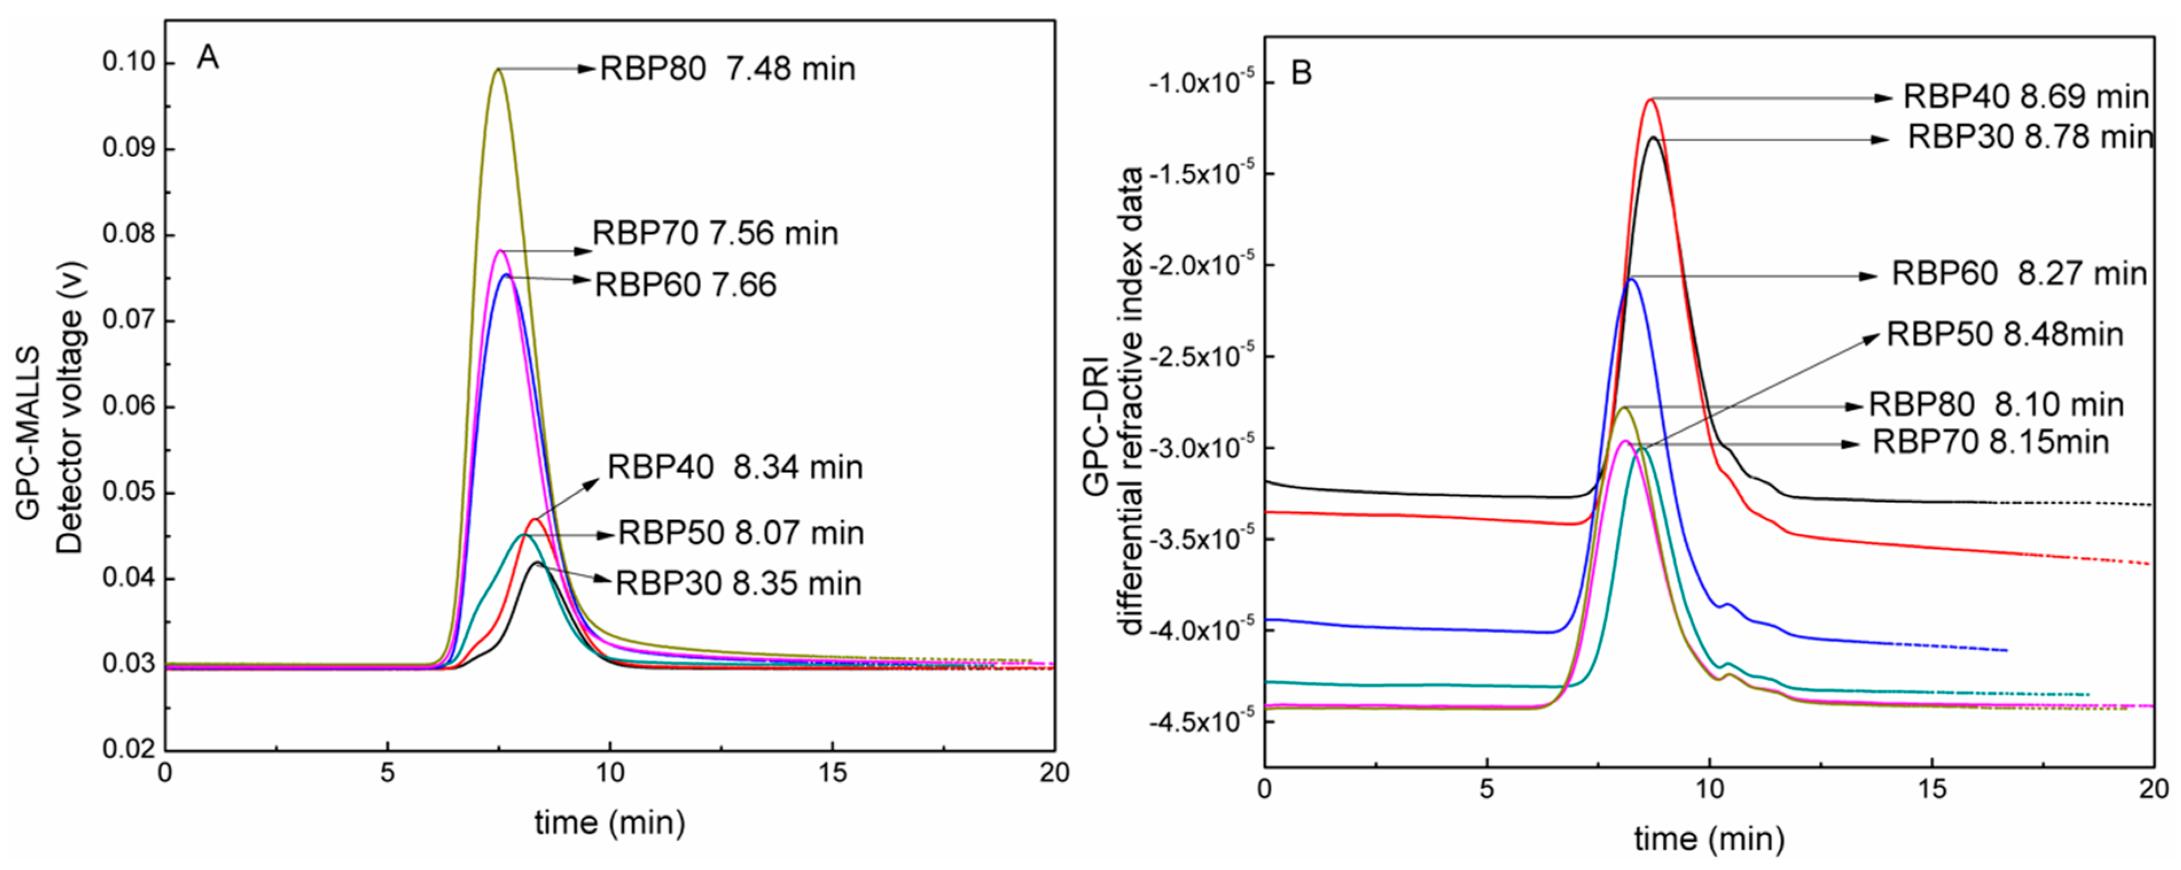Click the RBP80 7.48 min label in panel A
pyautogui.click(x=727, y=69)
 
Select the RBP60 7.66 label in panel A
pyautogui.click(x=685, y=284)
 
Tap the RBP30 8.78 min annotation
pyautogui.click(x=2030, y=136)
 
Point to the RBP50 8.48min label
pyautogui.click(x=2004, y=334)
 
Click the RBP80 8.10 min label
pyautogui.click(x=1996, y=404)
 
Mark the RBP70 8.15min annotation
pyautogui.click(x=1990, y=442)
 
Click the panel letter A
pyautogui.click(x=208, y=57)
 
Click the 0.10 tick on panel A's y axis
pyautogui.click(x=128, y=62)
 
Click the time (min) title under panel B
pyautogui.click(x=1709, y=838)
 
